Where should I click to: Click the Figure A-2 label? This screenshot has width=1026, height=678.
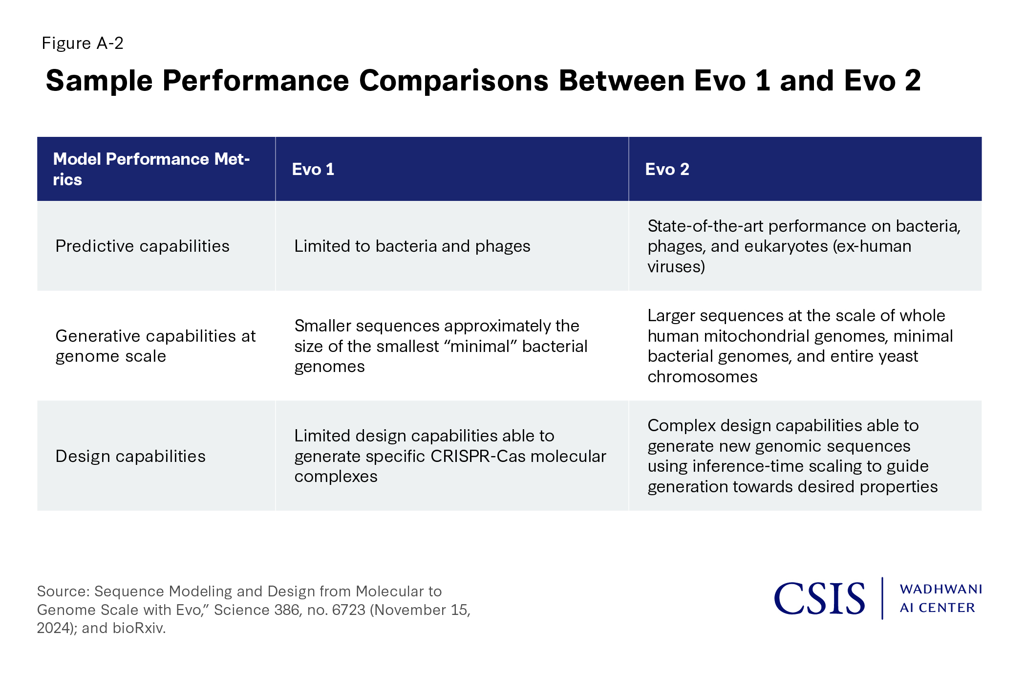click(83, 43)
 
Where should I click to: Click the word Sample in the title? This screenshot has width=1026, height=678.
click(99, 81)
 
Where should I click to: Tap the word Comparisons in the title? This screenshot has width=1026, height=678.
click(454, 81)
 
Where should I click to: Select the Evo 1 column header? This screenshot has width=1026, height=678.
click(313, 169)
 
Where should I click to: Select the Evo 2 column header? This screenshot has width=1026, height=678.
click(667, 169)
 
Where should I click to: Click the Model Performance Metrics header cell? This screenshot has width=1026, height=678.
click(151, 169)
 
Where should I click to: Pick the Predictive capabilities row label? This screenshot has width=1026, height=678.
click(142, 246)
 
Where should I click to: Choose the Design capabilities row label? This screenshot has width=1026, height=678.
click(130, 456)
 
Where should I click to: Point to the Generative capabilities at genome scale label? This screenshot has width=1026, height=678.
click(155, 346)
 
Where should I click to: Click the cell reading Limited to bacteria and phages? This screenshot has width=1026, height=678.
click(412, 246)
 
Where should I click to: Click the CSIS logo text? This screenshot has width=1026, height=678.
click(819, 598)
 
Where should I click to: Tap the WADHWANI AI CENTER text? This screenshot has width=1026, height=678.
click(941, 598)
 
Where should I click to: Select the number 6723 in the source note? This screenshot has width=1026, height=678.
click(347, 610)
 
